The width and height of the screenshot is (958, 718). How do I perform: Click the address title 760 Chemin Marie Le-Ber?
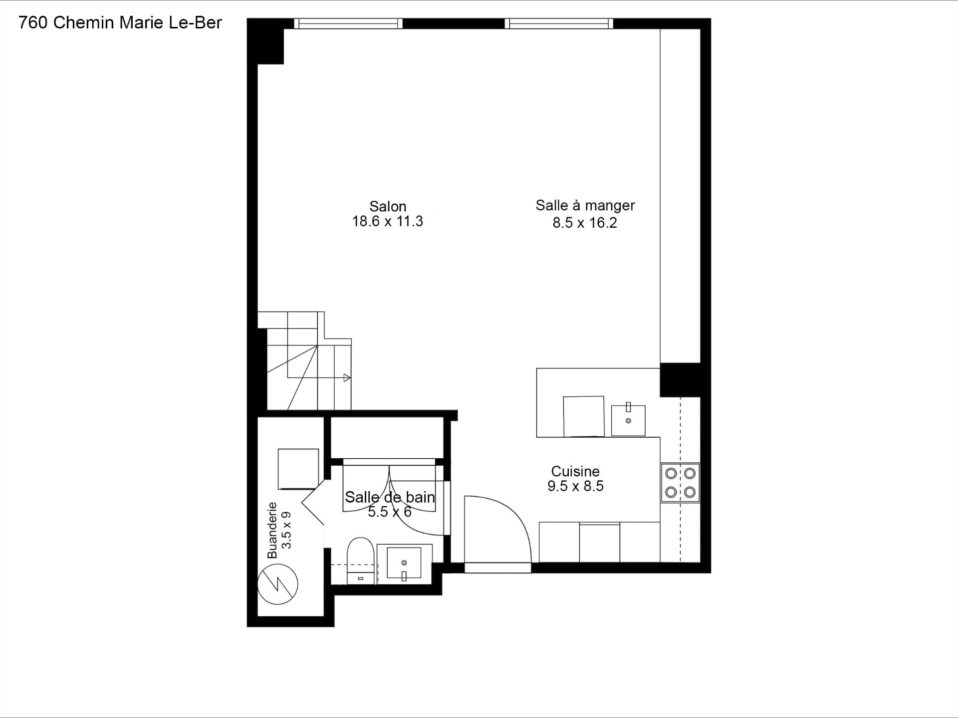tap(120, 23)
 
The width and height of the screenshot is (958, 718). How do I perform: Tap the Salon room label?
tap(388, 206)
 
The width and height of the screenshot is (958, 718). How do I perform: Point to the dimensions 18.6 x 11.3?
tap(388, 221)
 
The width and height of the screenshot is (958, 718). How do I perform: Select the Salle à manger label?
tap(585, 205)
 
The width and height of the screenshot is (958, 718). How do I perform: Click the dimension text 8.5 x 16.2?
tap(585, 223)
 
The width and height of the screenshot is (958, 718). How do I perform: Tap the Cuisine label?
tap(575, 471)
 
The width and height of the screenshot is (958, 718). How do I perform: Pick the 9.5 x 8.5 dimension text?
tap(575, 486)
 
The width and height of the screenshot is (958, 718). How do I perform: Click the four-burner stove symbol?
tap(681, 483)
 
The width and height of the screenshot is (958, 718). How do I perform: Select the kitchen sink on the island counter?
tap(628, 420)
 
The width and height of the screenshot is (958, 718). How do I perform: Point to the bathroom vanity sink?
tap(404, 563)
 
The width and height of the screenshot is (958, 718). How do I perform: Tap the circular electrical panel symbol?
tap(277, 584)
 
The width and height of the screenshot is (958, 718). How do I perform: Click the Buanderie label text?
tap(272, 530)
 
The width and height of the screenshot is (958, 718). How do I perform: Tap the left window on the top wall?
tap(348, 23)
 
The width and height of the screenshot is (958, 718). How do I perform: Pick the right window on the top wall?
tap(559, 23)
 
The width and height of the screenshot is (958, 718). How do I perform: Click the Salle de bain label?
tap(390, 497)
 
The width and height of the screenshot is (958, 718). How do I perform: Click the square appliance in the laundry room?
tap(298, 469)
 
